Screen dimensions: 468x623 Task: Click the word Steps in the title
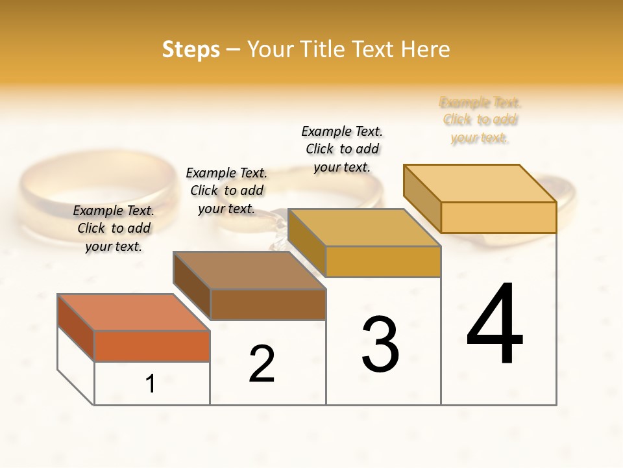191,49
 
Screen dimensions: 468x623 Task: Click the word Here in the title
426,49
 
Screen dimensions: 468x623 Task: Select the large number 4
495,324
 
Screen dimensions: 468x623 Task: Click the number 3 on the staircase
380,344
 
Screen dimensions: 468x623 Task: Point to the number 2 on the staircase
262,364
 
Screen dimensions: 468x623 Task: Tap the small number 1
151,383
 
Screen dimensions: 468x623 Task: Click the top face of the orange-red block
134,312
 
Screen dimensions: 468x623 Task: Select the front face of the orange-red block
152,346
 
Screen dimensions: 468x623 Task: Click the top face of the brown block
249,270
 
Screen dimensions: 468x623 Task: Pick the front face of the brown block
268,304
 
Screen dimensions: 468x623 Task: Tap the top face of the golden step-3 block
364,227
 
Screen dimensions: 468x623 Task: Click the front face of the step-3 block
383,261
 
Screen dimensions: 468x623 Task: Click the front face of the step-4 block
498,217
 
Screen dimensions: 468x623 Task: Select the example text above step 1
114,228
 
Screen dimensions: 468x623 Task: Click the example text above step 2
226,190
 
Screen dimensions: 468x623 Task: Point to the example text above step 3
342,149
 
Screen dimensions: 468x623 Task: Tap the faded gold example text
480,120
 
